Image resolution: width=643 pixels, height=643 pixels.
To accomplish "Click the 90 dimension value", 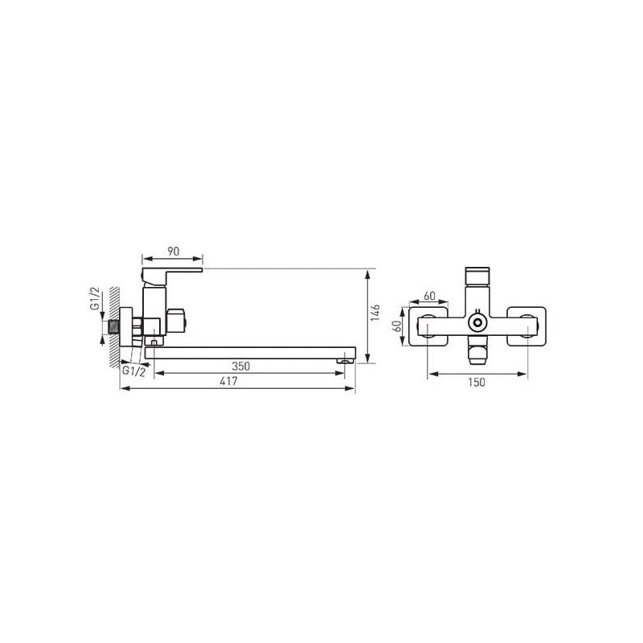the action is pos(173,251).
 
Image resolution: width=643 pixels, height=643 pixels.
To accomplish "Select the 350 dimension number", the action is pos(240,366).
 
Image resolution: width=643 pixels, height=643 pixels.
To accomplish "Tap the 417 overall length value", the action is pos(228,381).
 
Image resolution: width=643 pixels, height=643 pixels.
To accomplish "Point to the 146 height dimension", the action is pos(375,313).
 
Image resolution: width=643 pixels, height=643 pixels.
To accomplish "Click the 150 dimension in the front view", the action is pos(477,383).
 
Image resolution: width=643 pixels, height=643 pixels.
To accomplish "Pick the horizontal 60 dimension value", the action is pos(429,296).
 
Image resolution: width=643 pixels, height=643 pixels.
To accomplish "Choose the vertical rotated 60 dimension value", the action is pos(396,326).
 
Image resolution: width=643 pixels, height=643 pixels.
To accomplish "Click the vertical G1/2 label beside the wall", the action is pos(95,298).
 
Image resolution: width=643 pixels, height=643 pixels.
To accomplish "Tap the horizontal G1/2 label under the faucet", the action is pos(133,371).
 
